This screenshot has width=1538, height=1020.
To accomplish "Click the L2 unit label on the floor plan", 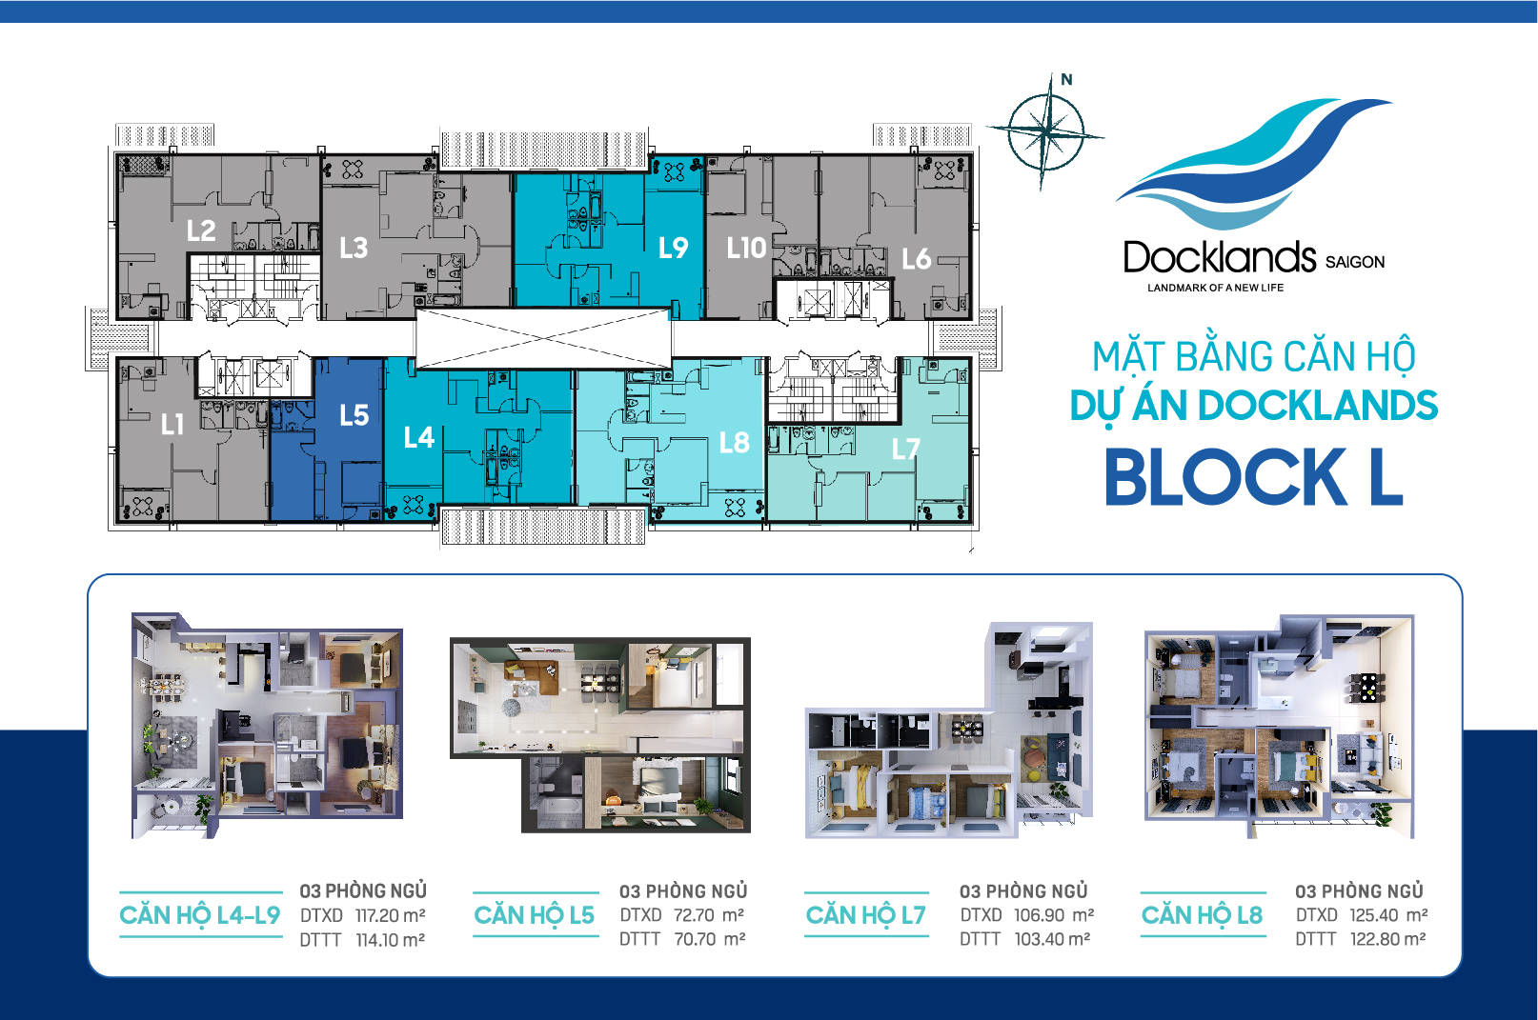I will (201, 230).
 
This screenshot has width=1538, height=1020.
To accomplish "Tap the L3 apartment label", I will (354, 249).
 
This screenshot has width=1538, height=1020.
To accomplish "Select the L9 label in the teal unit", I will (673, 249).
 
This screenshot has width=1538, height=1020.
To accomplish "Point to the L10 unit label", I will (746, 249).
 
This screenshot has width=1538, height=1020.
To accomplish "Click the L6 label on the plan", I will (916, 258).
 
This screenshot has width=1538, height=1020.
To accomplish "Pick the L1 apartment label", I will (172, 424).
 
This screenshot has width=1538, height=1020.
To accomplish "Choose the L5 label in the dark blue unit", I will (354, 415).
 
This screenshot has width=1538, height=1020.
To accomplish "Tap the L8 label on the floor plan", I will (734, 443).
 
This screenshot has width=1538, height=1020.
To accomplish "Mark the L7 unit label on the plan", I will (905, 449).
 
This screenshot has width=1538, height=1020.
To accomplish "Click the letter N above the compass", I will (1066, 80).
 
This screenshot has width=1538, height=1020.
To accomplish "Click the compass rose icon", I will (1045, 130).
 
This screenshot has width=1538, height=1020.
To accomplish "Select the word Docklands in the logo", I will (1219, 257).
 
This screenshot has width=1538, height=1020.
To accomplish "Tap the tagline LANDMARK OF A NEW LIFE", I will (1215, 288).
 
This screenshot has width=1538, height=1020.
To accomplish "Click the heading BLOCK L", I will (1253, 477).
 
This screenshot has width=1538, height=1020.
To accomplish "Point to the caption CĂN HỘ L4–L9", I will (200, 915).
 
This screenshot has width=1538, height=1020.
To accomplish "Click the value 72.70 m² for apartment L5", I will (708, 915).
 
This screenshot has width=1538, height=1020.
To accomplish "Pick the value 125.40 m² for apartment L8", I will (1387, 915).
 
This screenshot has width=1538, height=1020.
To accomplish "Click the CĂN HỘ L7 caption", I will (865, 915).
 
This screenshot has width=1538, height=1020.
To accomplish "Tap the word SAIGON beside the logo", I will (1354, 262).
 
